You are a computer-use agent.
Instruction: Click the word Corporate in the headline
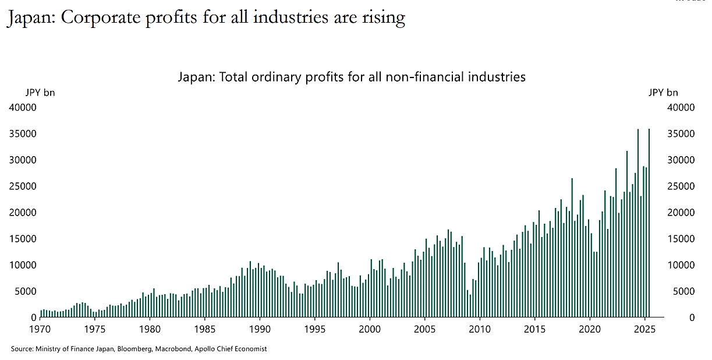pos(101,18)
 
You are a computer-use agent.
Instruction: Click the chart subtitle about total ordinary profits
pos(352,77)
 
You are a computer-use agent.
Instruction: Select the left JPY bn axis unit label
pos(40,93)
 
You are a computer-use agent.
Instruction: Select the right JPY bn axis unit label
pos(663,93)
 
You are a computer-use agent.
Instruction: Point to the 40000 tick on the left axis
pos(23,108)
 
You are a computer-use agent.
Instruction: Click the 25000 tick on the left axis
pos(23,186)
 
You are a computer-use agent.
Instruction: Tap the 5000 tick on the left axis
pos(26,291)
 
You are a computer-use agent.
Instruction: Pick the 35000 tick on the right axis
pos(681,133)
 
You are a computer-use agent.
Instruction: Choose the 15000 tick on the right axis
pos(681,238)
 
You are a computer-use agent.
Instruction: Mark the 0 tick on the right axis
pos(692,317)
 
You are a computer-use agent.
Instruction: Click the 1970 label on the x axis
pos(40,329)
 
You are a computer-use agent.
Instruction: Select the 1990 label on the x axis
pos(260,329)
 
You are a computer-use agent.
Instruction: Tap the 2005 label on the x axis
pos(424,329)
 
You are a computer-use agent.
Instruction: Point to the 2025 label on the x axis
pos(644,329)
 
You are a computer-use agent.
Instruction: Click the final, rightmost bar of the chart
pos(649,223)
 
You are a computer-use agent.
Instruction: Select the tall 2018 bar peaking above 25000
pos(572,248)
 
